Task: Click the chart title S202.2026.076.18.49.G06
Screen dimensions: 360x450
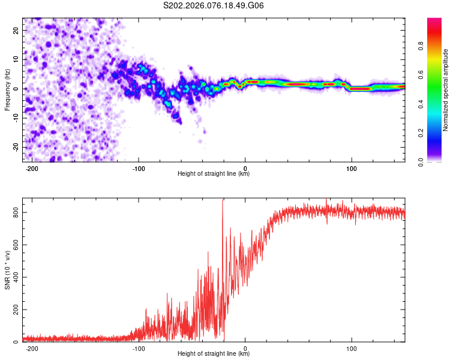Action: [214, 6]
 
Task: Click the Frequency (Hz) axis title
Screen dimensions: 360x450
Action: [8, 89]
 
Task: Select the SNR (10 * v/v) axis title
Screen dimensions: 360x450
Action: [8, 270]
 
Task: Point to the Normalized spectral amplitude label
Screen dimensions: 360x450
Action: [445, 90]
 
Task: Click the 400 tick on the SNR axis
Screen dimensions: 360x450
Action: [14, 277]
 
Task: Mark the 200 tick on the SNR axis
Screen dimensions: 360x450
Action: [14, 310]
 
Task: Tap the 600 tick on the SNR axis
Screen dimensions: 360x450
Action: [14, 245]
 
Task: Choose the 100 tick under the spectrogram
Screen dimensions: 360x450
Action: [352, 167]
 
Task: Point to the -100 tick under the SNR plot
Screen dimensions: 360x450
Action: [139, 348]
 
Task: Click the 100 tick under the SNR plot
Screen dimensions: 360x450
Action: [352, 348]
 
